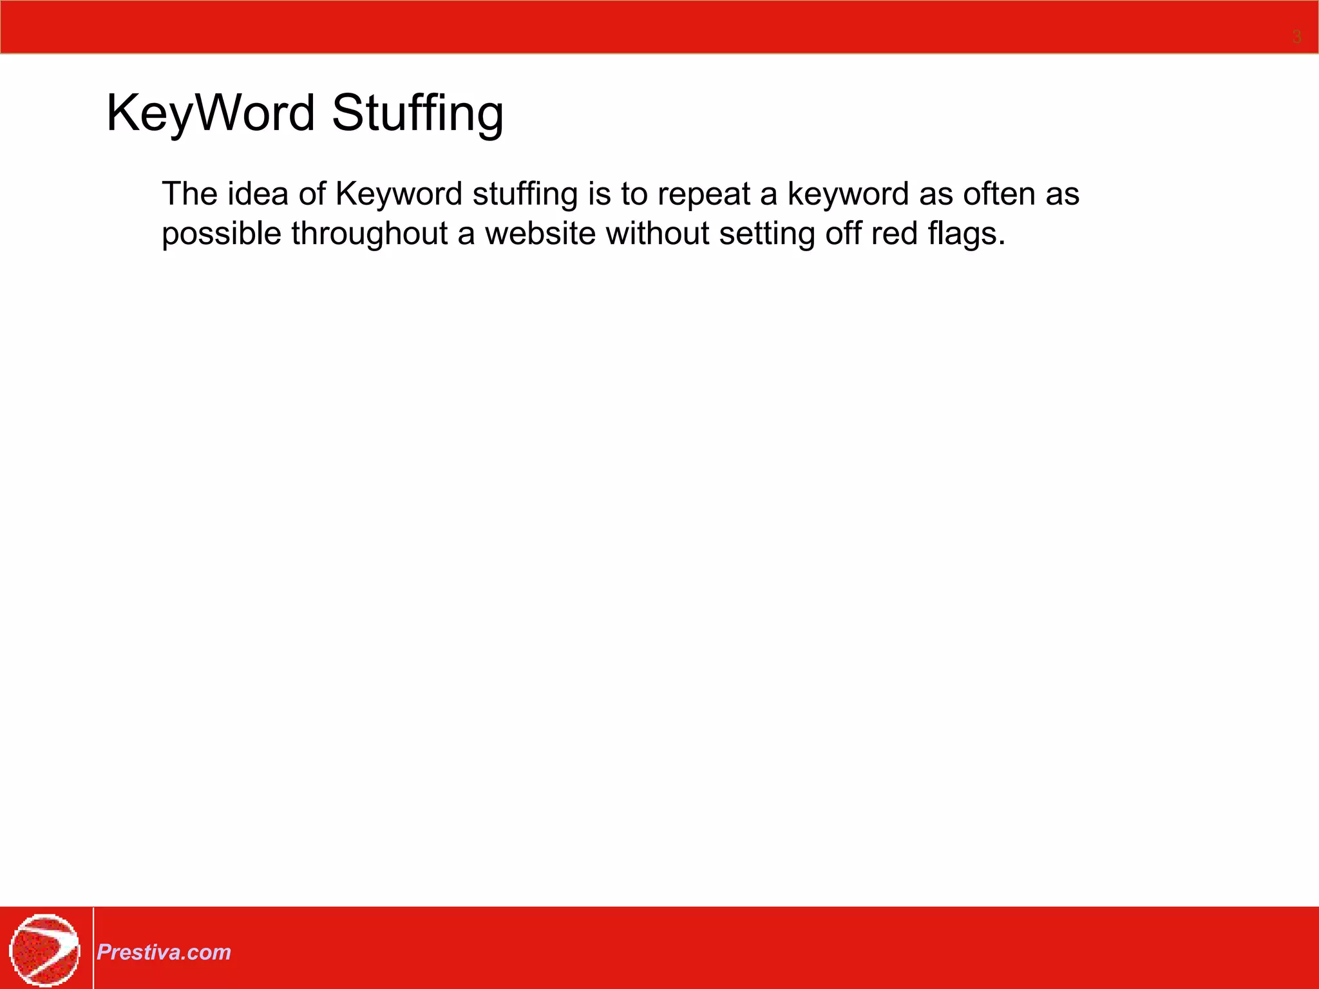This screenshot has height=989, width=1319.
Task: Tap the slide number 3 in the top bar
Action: [1296, 37]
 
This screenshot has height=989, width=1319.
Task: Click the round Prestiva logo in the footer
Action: [44, 950]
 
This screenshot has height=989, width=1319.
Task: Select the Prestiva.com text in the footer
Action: [164, 952]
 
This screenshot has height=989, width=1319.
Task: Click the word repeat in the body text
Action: [703, 195]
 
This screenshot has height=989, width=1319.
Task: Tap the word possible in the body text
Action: [222, 234]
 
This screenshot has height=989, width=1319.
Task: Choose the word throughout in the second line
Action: [369, 234]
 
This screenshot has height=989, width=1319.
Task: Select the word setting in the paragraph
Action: [767, 234]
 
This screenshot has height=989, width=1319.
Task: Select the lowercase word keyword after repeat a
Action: [848, 195]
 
